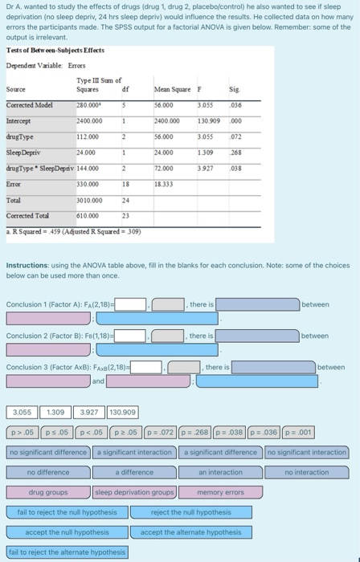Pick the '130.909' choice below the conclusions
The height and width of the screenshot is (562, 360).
121,413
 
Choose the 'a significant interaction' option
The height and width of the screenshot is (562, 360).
134,452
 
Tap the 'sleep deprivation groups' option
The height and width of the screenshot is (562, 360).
134,491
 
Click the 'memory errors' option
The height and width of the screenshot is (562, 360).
220,491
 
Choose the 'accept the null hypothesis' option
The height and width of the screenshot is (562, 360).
67,531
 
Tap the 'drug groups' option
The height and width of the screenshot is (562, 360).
48,491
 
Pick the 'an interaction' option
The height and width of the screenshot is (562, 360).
220,472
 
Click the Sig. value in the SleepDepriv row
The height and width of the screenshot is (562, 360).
235,152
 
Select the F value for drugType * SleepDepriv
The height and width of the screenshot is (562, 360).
204,168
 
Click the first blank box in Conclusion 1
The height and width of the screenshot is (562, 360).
131,304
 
